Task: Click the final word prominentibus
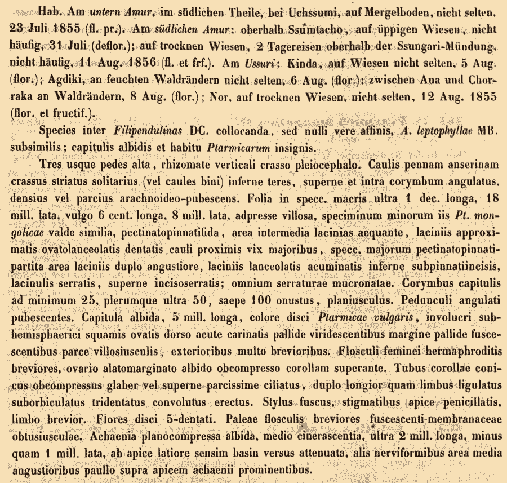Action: pos(269,470)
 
